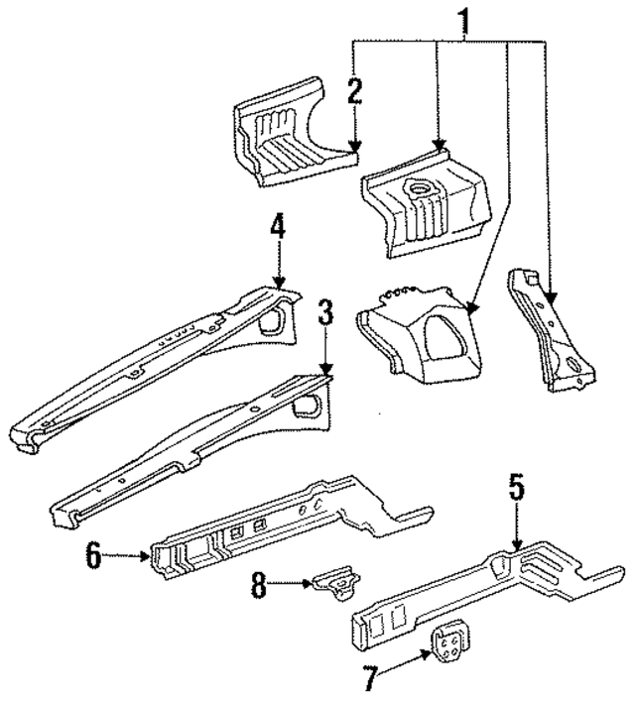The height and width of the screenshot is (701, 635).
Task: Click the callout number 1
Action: [x=462, y=19]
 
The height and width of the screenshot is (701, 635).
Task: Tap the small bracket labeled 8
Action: [x=337, y=586]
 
